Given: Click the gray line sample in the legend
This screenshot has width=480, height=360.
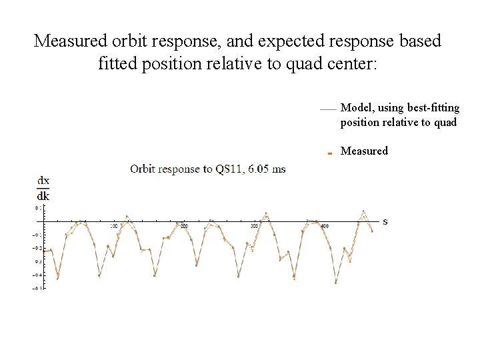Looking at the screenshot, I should [327, 109].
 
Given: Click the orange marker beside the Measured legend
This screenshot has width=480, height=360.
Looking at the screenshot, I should [330, 153].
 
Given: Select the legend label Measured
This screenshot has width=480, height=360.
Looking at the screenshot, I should [364, 151].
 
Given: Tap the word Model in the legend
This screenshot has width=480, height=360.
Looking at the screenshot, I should [355, 108].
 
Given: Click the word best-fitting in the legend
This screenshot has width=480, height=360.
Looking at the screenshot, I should [435, 108].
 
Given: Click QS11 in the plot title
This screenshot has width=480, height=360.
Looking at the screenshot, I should [228, 169].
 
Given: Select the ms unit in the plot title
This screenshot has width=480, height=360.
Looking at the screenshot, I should [279, 169].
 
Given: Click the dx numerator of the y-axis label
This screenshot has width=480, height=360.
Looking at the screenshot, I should [43, 181].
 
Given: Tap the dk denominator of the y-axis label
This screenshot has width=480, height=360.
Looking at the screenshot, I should [43, 196].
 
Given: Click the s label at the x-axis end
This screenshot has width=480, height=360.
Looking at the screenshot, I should [385, 221].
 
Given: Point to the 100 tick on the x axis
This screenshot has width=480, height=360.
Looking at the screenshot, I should [113, 227].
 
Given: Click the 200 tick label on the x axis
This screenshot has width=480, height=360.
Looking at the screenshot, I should [184, 227].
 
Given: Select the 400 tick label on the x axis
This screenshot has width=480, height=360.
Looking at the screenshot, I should [325, 227].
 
